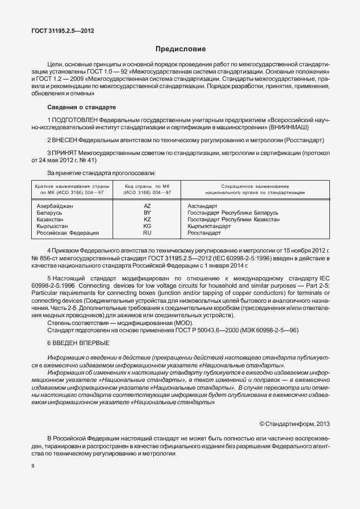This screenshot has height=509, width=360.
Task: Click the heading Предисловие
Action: [x=180, y=49]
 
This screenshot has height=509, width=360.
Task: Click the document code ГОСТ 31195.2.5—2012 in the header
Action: [x=62, y=31]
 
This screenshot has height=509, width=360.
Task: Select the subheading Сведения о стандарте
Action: [x=81, y=106]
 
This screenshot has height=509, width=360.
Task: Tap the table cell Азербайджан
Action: [x=55, y=206]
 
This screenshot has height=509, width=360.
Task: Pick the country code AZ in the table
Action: [x=147, y=206]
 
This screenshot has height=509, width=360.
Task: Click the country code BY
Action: [x=147, y=212]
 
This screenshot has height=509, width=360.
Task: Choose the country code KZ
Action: [x=147, y=219]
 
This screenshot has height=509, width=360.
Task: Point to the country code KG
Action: [x=147, y=226]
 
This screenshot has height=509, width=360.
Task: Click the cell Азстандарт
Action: [x=203, y=206]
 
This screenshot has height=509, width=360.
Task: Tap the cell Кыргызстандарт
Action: [x=209, y=226]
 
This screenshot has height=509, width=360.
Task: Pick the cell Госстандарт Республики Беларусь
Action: [x=233, y=212]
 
